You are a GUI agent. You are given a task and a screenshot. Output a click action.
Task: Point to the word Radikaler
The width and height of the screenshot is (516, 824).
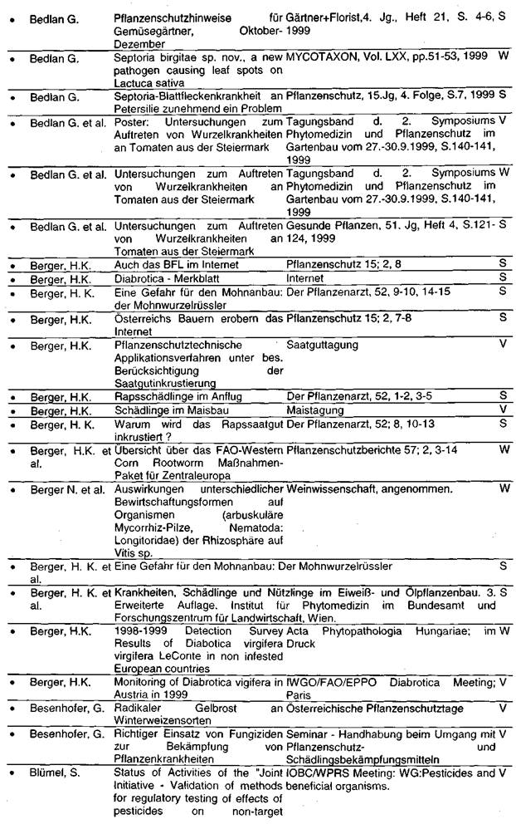coord(139,708)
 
